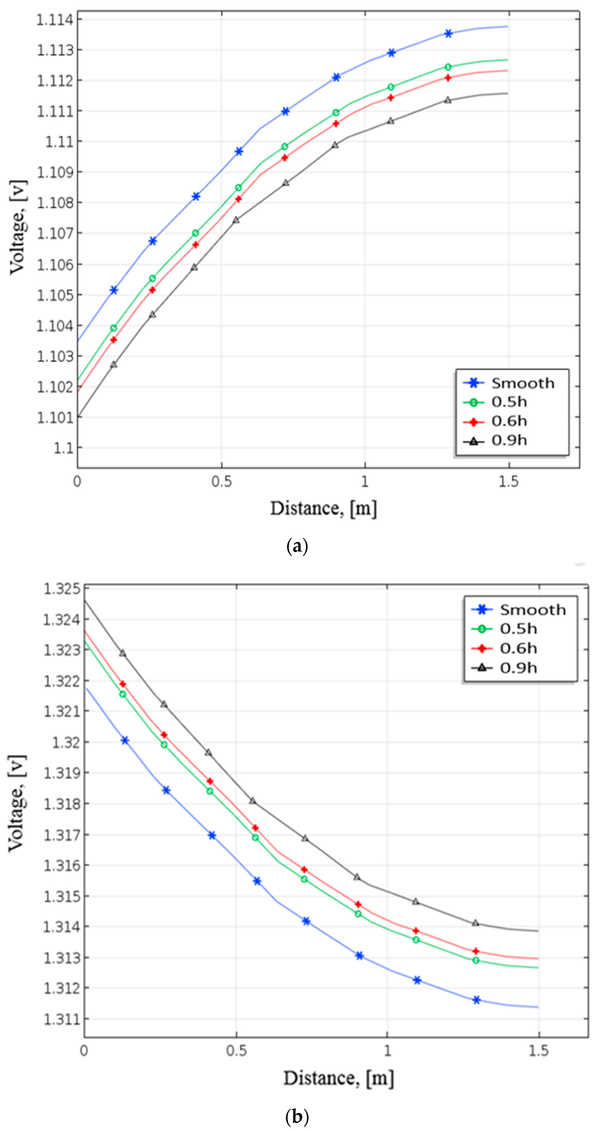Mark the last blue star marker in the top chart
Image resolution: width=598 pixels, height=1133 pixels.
click(x=448, y=34)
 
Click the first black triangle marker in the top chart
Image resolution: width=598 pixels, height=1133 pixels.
click(x=113, y=365)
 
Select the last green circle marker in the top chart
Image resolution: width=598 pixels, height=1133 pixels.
click(x=448, y=67)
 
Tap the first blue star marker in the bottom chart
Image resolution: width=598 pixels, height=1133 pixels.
click(x=125, y=741)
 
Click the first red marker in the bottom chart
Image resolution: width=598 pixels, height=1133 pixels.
click(x=123, y=684)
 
